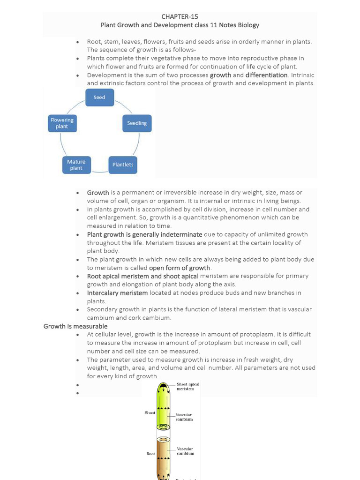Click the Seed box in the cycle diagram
point(99,97)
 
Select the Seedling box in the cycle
point(137,123)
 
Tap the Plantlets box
point(123,165)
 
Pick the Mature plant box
point(76,165)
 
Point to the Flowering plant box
point(62,123)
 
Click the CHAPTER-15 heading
point(180,17)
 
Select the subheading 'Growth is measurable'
point(75,326)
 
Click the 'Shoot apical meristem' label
point(187,387)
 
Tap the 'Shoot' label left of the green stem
point(150,413)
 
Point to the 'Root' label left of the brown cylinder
point(150,454)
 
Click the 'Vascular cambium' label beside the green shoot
point(184,417)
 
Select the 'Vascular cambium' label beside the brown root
point(185,451)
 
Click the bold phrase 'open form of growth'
point(180,268)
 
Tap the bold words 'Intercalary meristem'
point(117,293)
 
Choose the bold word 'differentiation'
point(266,75)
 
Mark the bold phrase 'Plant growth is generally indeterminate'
point(144,234)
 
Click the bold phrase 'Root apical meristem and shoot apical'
point(142,276)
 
